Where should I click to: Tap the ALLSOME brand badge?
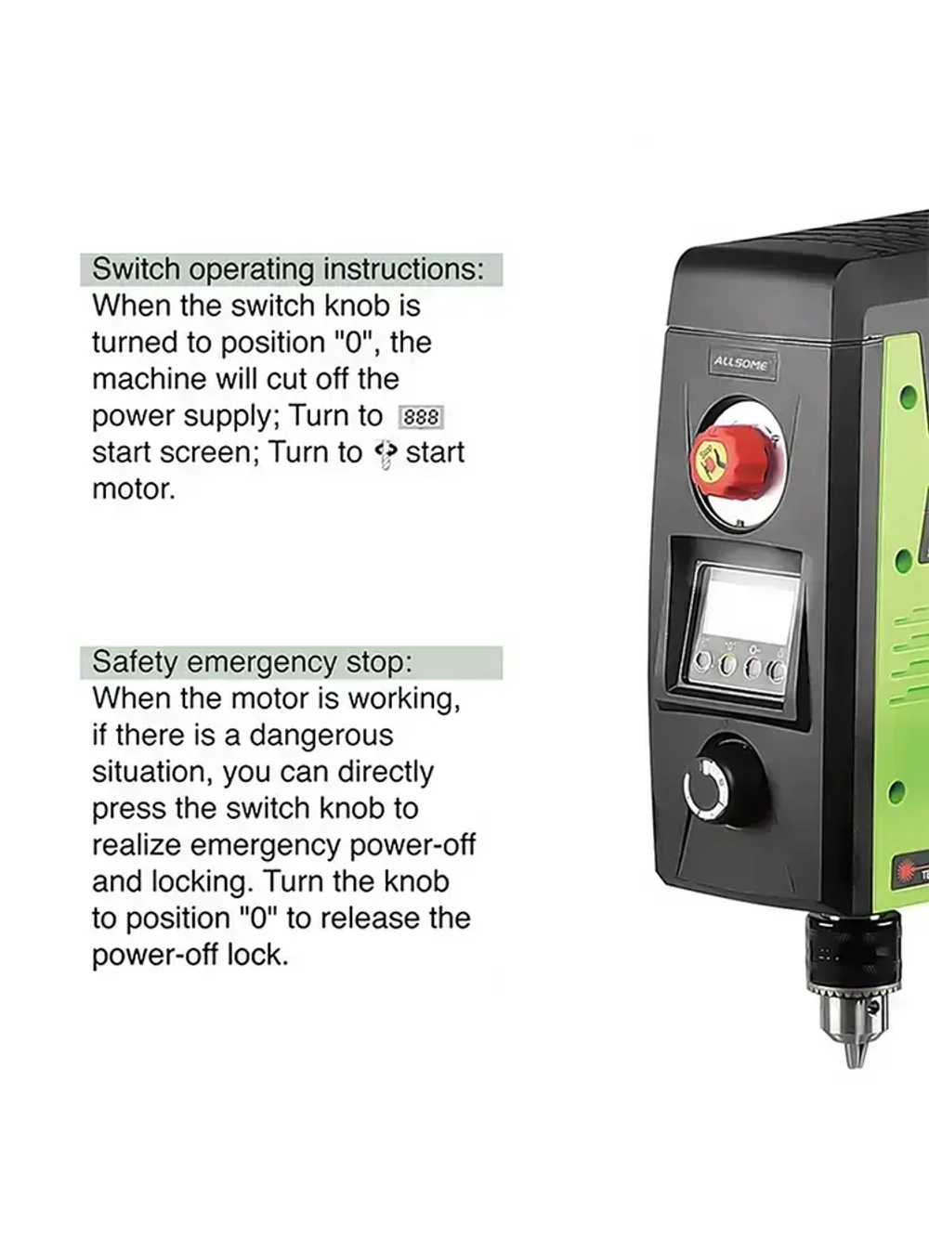741,364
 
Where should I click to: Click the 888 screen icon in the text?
421,417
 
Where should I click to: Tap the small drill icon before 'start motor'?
386,454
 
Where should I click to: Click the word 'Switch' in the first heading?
136,269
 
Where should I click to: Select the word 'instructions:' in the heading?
403,269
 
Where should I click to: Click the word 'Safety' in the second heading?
135,661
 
